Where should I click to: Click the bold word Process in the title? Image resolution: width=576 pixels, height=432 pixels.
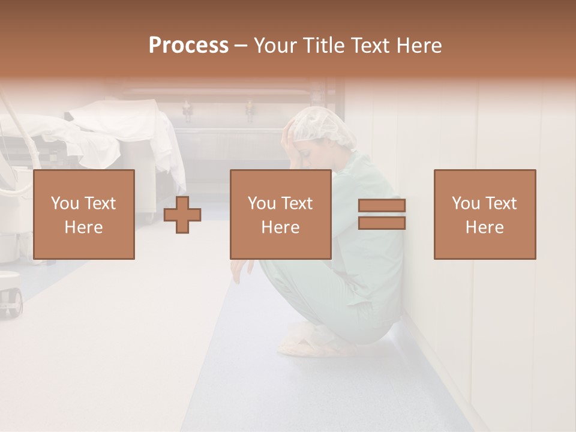(x=188, y=46)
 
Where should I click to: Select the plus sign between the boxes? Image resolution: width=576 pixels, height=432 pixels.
(x=182, y=215)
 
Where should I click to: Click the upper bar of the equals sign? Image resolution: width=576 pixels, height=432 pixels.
(x=382, y=206)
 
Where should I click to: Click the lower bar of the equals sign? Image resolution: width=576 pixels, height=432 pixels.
(x=382, y=223)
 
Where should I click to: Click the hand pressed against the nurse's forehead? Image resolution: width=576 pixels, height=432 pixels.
(x=290, y=135)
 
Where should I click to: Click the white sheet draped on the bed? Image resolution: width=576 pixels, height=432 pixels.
(x=120, y=129)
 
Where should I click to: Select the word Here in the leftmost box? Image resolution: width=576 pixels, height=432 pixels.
(x=84, y=227)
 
